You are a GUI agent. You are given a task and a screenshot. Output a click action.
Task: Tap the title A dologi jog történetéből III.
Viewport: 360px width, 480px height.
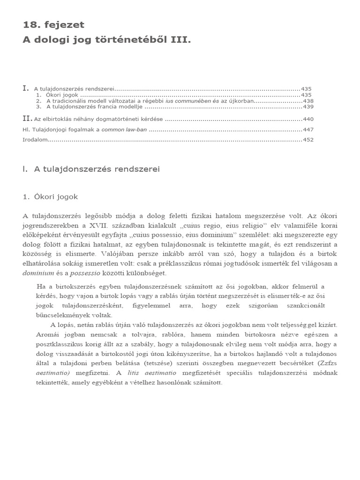107,40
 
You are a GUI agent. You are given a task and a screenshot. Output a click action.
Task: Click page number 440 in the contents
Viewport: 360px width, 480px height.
308,119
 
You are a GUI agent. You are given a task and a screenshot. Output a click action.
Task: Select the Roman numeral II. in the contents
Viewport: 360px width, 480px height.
28,119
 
